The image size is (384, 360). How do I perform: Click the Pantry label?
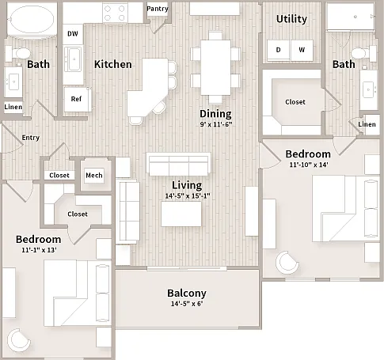158,9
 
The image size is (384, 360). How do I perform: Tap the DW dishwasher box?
73,34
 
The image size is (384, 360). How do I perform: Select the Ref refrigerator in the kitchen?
78,99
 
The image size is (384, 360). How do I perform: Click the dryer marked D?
279,50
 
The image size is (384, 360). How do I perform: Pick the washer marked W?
302,50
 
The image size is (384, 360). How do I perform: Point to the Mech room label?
94,176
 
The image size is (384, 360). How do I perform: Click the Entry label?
31,138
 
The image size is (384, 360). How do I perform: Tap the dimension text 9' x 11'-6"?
216,124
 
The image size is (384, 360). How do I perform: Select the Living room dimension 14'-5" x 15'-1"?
188,196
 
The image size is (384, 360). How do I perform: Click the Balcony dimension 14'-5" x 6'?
187,304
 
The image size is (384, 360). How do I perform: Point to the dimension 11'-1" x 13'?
39,250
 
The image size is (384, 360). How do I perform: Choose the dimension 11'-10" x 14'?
309,165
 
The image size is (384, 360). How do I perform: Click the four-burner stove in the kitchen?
115,13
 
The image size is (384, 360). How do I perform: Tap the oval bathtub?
32,19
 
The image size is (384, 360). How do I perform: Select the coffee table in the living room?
181,214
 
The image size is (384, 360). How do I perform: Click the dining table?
215,67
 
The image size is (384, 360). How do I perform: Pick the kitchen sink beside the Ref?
73,59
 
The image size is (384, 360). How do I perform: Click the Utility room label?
291,19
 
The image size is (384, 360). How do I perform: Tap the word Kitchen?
113,64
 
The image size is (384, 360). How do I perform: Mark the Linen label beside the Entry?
13,107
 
